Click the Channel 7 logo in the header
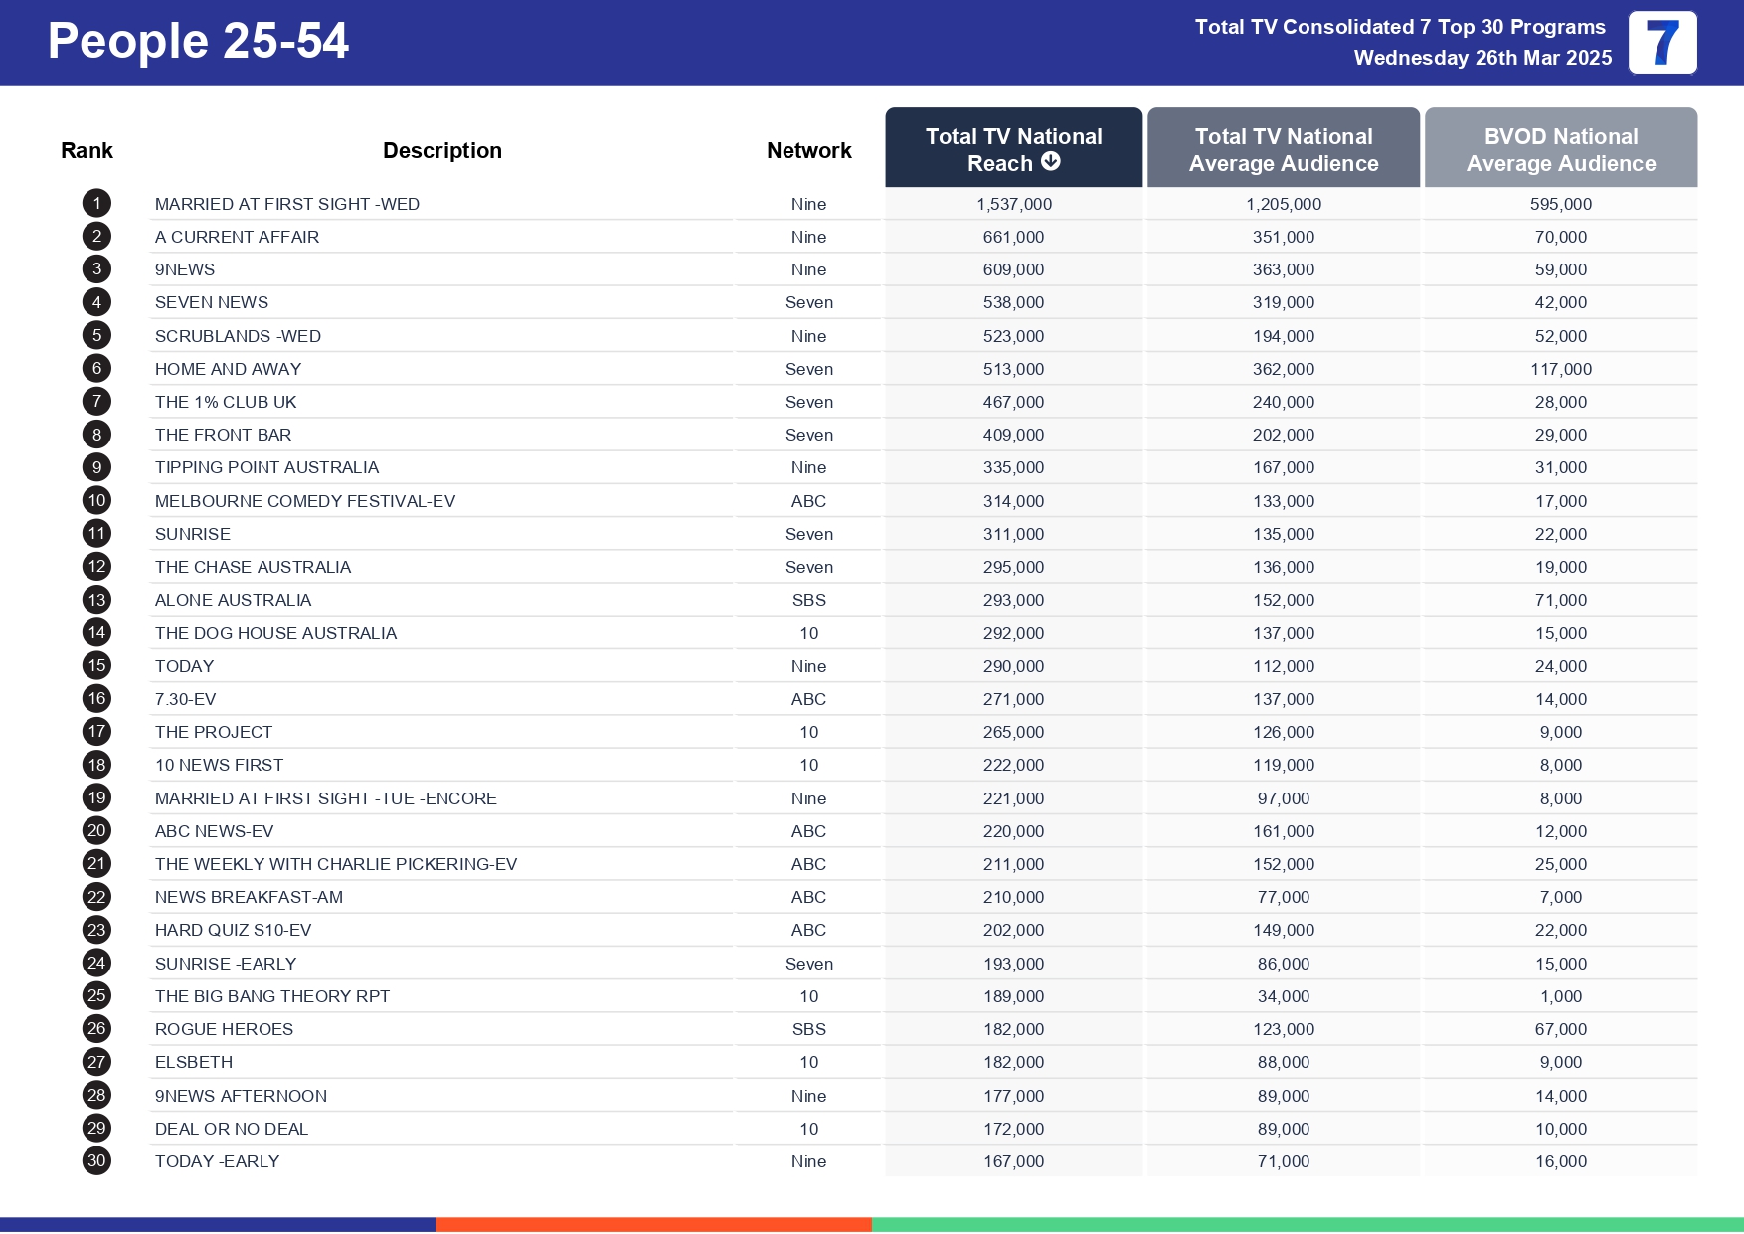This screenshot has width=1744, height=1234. click(x=1662, y=43)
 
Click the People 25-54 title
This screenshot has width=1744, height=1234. click(x=198, y=42)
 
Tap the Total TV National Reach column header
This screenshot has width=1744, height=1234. click(x=1013, y=148)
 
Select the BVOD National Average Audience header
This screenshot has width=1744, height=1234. click(x=1560, y=149)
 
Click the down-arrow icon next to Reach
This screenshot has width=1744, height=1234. click(x=1051, y=162)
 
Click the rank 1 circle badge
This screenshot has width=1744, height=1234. click(x=96, y=204)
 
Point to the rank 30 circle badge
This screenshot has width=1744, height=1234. click(x=96, y=1160)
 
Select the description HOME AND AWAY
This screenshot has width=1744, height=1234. click(x=228, y=369)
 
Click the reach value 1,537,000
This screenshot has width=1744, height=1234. click(x=1013, y=204)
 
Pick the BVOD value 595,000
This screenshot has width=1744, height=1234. click(x=1560, y=204)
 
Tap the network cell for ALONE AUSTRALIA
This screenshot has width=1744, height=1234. click(x=808, y=600)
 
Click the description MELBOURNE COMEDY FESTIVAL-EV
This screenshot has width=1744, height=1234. click(x=304, y=501)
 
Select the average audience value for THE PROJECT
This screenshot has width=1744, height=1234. click(x=1283, y=732)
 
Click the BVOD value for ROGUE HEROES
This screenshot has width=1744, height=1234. click(x=1560, y=1029)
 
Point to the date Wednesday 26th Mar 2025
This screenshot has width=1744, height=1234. click(x=1482, y=58)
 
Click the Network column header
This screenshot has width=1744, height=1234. click(x=808, y=150)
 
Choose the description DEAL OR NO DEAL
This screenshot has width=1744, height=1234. click(x=231, y=1129)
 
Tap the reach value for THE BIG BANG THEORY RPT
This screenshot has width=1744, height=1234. click(x=1013, y=996)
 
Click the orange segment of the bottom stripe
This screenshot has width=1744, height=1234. click(x=653, y=1224)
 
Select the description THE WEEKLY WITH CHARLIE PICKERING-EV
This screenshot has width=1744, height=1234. click(x=335, y=864)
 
